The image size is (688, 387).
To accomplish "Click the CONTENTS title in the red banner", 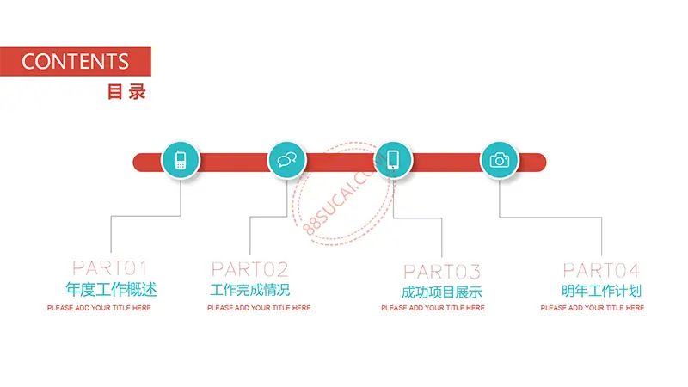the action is tap(75, 61).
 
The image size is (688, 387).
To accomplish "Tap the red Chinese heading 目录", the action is tap(126, 92).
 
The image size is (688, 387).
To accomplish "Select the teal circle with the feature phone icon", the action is tap(181, 160).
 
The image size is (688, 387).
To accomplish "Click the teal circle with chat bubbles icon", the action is tap(287, 160).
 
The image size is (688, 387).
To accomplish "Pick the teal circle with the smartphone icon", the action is tap(393, 160).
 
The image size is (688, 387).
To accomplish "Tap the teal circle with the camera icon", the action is tap(500, 160).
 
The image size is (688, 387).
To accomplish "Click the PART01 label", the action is tap(110, 268).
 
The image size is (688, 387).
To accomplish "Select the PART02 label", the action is tap(249, 269).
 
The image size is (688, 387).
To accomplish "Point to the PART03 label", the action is tap(442, 272).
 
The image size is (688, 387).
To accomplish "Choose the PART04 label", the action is tap(601, 270).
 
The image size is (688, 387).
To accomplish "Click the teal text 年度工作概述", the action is tap(111, 290).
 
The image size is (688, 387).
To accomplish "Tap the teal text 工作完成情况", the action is tap(249, 290).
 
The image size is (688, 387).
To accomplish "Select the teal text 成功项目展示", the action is tap(441, 292).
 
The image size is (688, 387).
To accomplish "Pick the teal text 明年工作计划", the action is tap(601, 291).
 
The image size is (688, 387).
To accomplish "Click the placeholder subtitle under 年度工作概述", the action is tap(99, 308).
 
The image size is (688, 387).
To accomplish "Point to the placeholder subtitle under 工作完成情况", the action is tap(259, 308).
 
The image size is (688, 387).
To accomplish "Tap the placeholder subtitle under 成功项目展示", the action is tap(433, 308).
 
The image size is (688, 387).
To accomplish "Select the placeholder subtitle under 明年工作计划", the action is tap(593, 308).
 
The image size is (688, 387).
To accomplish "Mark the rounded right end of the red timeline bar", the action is tap(546, 163).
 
